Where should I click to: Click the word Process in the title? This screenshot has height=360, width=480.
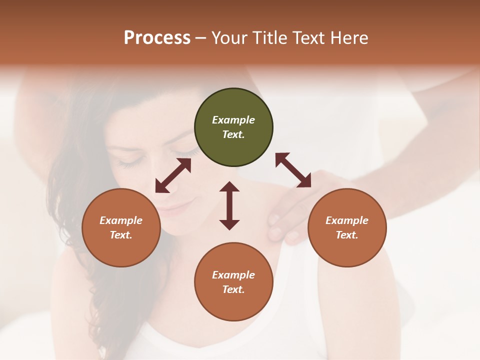coord(157,38)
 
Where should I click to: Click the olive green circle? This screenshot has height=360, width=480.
coord(233,127)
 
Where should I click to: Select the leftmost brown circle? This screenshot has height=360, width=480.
coord(121,227)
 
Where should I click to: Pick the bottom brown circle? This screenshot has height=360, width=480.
coord(233,282)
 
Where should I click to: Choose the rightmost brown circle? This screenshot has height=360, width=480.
coord(347,227)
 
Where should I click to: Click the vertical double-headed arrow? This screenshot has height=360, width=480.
coord(229,205)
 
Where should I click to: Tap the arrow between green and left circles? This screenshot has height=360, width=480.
coord(173,175)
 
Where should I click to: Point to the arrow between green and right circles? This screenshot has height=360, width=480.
coord(293,170)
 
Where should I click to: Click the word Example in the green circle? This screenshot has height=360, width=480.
coord(233,120)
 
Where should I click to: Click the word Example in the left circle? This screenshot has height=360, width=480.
coord(121,220)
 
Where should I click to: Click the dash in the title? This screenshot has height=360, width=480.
coord(200,38)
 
